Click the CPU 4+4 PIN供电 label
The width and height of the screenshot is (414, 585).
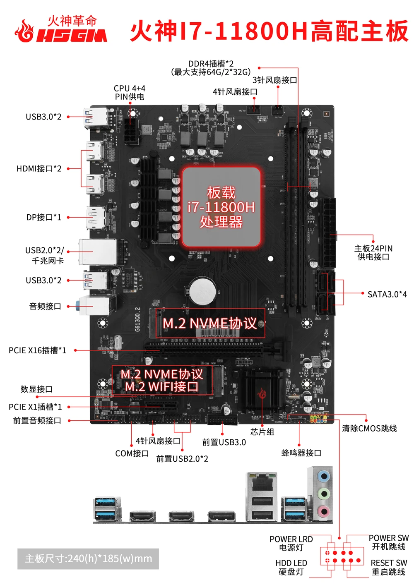coord(130,93)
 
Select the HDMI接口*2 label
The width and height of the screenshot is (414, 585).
coord(39,169)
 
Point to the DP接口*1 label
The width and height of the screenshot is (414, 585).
coord(43,217)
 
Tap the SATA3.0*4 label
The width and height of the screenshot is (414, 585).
coord(387,294)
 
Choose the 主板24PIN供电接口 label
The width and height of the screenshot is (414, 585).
coord(373,252)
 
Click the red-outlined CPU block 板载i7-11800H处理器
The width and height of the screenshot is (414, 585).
coord(221,207)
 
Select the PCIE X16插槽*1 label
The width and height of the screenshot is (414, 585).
coord(37,350)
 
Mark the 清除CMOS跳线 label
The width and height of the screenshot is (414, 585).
coord(369,428)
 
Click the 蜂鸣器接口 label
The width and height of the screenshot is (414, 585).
coord(301,453)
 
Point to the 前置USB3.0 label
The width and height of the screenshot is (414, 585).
coord(224,442)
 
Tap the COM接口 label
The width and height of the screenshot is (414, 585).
coord(132,453)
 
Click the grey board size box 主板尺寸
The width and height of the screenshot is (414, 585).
coord(88,559)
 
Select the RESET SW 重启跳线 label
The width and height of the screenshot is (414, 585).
coord(388,567)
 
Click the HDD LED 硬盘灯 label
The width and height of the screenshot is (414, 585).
coord(291,567)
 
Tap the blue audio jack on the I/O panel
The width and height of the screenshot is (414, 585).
coord(323,477)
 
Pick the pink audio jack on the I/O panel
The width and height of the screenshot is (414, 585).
coord(323,511)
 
